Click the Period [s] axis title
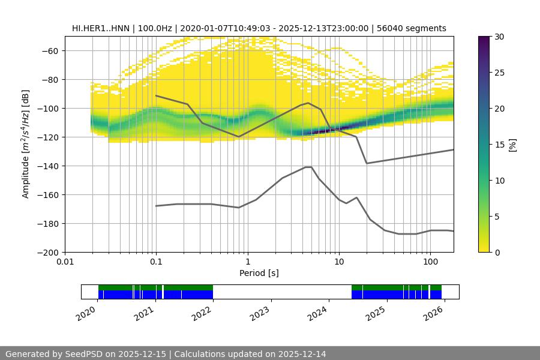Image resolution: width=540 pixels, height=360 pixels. [x=259, y=274]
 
